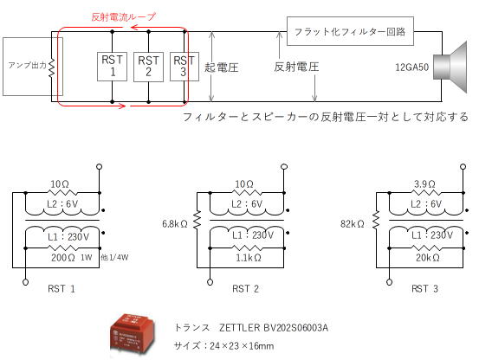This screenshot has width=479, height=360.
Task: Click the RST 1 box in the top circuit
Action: tap(112, 67)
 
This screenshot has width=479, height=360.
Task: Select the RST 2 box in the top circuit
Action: tap(148, 67)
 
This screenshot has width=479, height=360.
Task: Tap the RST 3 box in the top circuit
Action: tap(184, 67)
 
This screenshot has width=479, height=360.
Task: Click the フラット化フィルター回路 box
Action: tap(350, 31)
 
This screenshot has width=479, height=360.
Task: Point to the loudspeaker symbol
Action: tap(450, 67)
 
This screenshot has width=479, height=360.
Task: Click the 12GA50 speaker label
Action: tap(412, 67)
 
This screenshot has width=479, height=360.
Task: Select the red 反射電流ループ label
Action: tap(123, 16)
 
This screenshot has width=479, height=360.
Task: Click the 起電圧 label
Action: tap(222, 67)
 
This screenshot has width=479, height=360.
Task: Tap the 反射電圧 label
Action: tap(296, 67)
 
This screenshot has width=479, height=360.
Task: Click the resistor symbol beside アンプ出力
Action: tap(51, 67)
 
